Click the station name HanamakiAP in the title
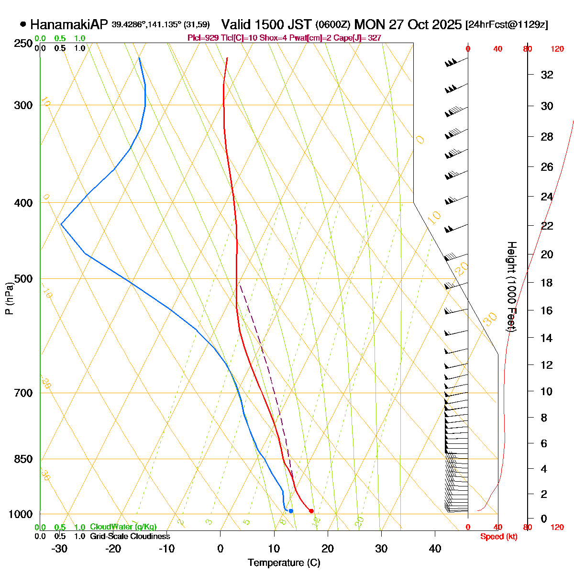coord(69,24)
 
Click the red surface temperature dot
coord(311,511)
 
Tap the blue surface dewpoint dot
coord(291,511)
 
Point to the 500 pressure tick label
coord(24,278)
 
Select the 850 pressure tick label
coord(24,459)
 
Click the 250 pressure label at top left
coord(24,44)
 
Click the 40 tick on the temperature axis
coord(435,549)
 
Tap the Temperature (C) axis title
coord(284,563)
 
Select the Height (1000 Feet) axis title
coord(511,287)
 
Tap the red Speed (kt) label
coord(499,537)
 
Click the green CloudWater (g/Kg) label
coord(123,527)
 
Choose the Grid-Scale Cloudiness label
coord(130,536)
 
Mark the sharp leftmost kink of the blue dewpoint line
coord(61,223)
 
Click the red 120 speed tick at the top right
coord(557,49)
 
